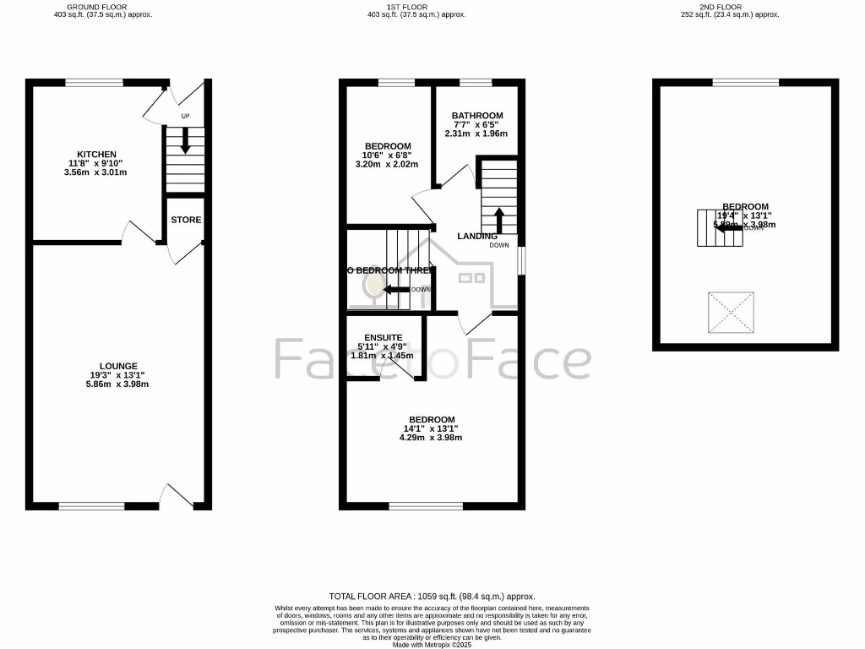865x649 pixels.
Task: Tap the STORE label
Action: (x=186, y=220)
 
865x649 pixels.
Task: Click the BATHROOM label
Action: (x=476, y=116)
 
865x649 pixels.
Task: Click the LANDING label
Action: (x=477, y=236)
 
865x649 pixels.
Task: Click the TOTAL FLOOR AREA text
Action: (x=432, y=596)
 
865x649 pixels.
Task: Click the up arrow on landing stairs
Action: (x=498, y=219)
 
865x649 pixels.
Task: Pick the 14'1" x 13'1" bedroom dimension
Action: (x=432, y=428)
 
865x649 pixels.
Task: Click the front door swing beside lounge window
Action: (x=177, y=497)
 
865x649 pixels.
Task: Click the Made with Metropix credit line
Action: (x=432, y=644)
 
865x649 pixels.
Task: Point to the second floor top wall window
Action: (x=746, y=82)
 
